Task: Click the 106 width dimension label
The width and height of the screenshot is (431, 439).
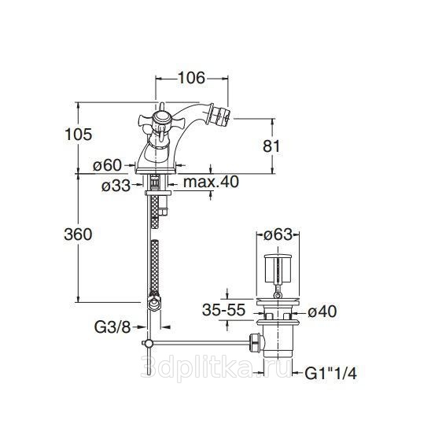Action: [x=191, y=78]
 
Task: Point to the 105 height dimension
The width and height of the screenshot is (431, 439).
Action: [x=78, y=134]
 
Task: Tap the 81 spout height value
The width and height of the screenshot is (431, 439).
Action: [x=271, y=146]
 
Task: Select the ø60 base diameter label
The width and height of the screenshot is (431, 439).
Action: [x=108, y=165]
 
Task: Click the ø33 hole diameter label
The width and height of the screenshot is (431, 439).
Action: [x=116, y=185]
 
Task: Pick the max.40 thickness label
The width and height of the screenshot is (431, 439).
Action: [x=211, y=182]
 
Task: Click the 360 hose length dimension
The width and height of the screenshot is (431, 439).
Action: [x=78, y=234]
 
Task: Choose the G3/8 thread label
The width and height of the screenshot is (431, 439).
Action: [x=112, y=326]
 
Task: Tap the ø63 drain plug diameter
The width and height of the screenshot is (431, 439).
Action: [x=278, y=234]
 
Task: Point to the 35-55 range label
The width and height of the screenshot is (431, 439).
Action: [x=223, y=310]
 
